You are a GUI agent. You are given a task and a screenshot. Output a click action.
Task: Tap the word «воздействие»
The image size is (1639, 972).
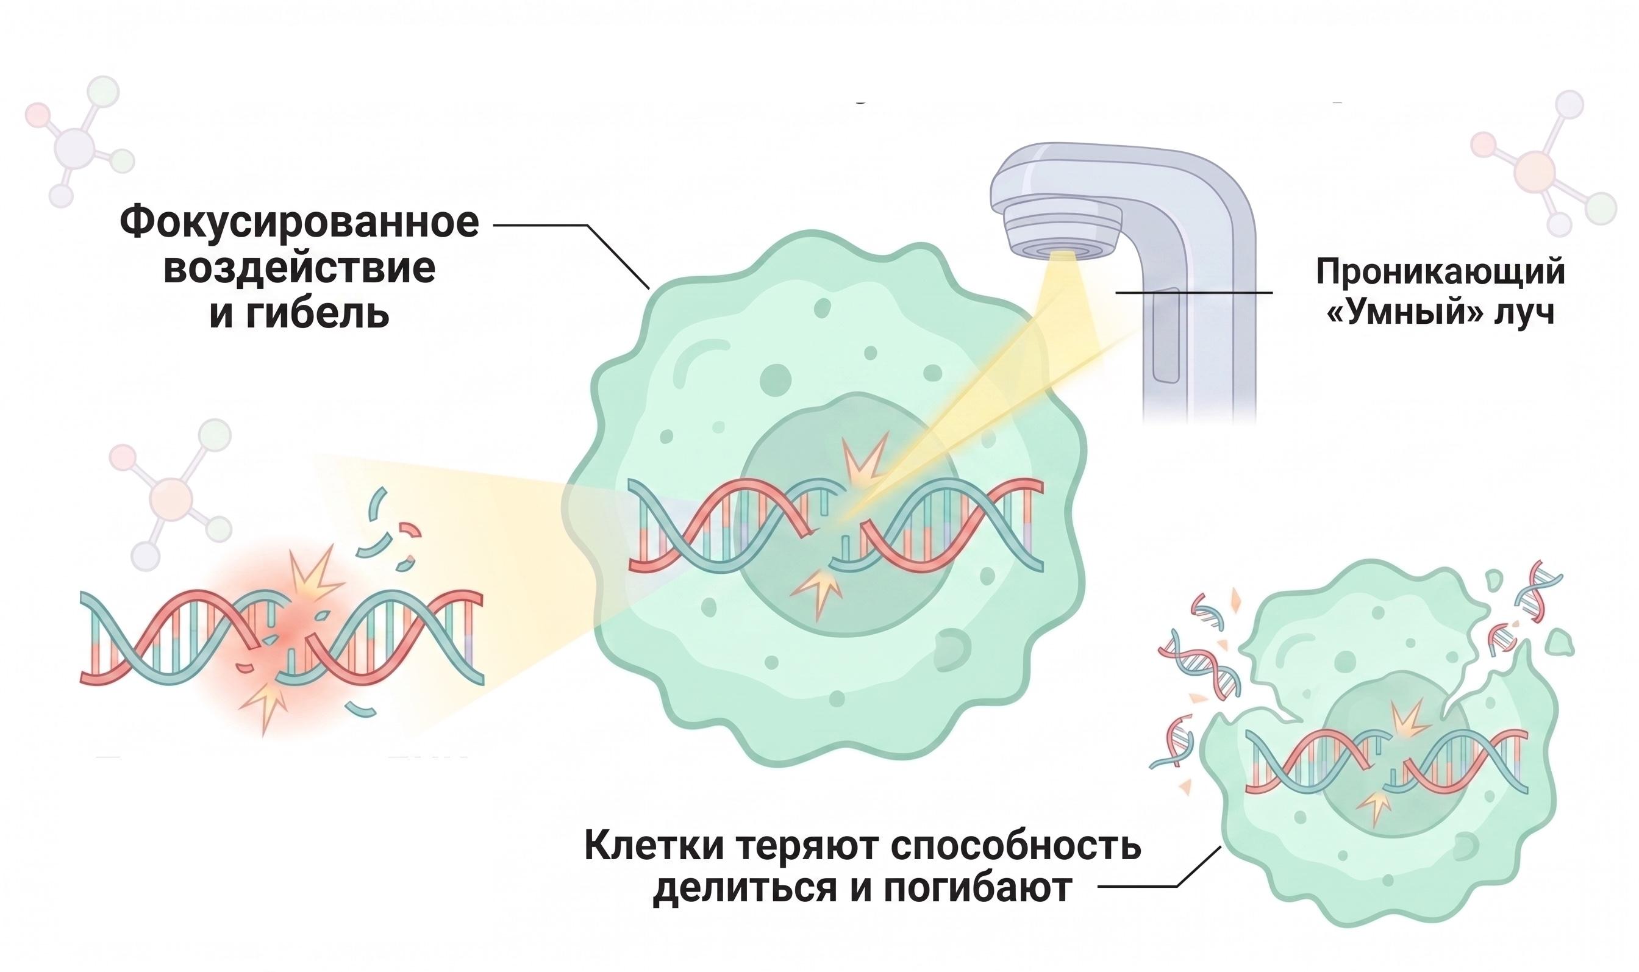tap(299, 268)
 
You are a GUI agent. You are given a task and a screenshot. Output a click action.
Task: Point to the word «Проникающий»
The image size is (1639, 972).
tap(1440, 273)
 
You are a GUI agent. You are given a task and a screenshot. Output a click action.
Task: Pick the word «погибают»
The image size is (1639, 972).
tap(969, 890)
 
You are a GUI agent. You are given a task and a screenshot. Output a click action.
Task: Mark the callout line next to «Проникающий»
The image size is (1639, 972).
tap(1194, 292)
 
